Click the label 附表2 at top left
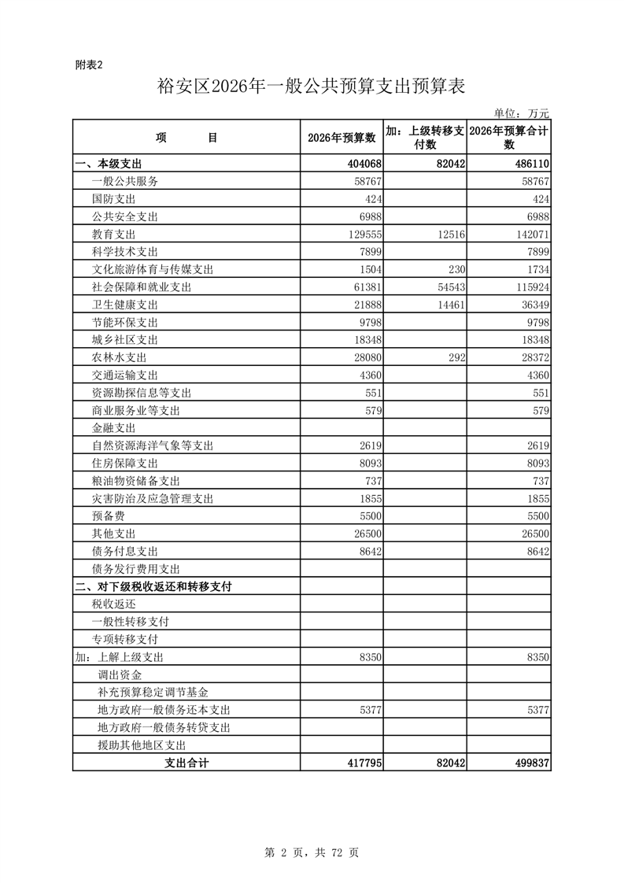[89, 65]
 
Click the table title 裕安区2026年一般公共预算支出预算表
[312, 87]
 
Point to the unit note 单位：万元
[521, 114]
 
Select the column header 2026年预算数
[342, 138]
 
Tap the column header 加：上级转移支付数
[425, 138]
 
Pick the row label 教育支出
[114, 235]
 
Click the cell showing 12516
[446, 235]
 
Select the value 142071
[528, 235]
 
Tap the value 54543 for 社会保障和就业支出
[446, 287]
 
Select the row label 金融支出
[114, 428]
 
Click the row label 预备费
[109, 516]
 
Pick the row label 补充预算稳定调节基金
[153, 693]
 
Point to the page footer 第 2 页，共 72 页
[312, 852]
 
